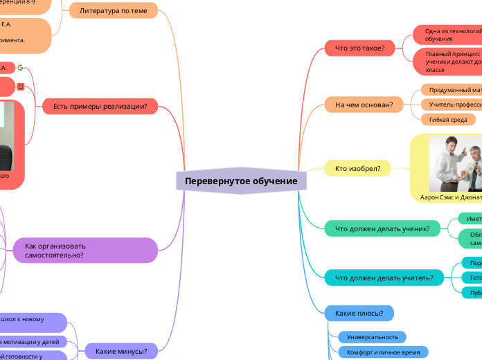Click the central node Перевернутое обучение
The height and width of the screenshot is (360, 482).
click(241, 181)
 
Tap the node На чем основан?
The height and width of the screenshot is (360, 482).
click(364, 105)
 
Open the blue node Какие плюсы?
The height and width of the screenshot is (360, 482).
click(359, 314)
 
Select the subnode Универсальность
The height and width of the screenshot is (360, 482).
click(373, 337)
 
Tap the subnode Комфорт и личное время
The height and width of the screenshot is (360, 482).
click(383, 352)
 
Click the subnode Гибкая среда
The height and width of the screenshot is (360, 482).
click(447, 120)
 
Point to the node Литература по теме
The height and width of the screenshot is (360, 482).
click(114, 11)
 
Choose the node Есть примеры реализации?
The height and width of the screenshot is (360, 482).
click(100, 106)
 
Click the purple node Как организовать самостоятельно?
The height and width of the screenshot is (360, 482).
click(85, 251)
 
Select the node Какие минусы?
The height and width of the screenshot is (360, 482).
click(120, 351)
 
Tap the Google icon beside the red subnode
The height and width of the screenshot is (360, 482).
click(21, 68)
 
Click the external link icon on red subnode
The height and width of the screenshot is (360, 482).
click(21, 86)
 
